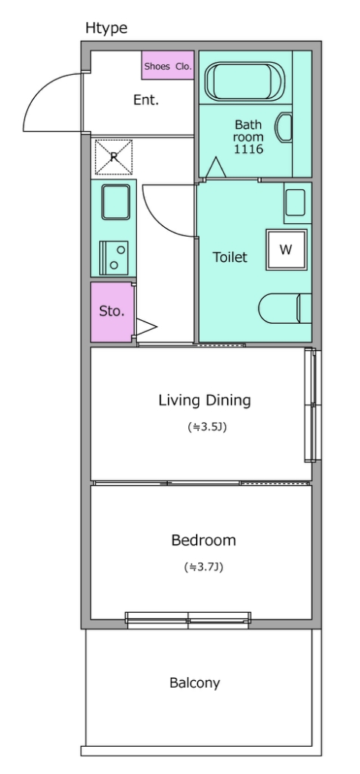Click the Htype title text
point(106,29)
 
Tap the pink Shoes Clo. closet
point(168,65)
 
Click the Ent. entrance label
point(147,100)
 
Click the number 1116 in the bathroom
point(249,149)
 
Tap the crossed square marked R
point(114,157)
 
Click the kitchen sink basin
point(116,201)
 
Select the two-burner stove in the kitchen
point(114,258)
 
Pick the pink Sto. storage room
point(112,312)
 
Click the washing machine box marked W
point(287,250)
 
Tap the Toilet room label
point(230,257)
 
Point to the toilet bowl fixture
point(285,309)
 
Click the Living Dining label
point(205,400)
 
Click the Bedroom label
point(203,540)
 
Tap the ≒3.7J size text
point(203,567)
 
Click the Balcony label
point(195,683)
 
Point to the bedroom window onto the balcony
point(188,620)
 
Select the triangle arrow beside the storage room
point(146,326)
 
